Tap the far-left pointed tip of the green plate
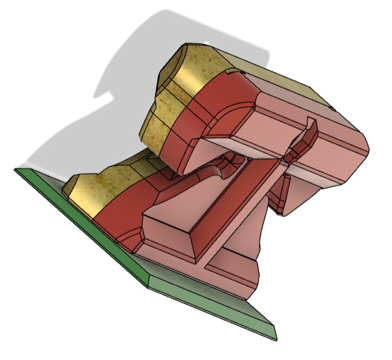tap(16, 169)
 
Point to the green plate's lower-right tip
tap(274, 338)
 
